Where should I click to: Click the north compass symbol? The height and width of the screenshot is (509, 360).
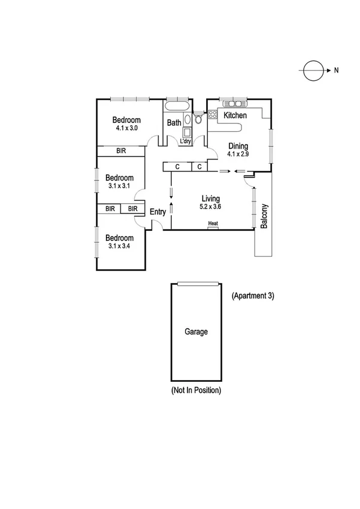coord(312,71)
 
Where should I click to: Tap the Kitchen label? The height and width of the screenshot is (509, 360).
coord(235,115)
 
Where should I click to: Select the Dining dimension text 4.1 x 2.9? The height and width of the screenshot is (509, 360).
coord(238,154)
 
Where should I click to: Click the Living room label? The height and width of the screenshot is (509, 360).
coord(210,198)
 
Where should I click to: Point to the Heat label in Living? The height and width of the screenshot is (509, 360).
coord(213,224)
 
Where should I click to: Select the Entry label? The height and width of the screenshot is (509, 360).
coord(158,212)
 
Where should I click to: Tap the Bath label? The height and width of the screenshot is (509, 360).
coord(174,123)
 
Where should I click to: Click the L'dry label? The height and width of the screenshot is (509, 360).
coord(186,141)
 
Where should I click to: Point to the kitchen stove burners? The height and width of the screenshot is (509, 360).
coord(212,115)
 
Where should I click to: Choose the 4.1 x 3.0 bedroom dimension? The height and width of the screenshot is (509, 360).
coord(127,128)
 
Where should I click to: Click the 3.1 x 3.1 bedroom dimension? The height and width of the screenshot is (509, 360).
coord(119,186)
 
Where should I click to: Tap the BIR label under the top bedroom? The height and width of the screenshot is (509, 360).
coord(122,151)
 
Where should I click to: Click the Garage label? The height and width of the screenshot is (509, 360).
coord(196,332)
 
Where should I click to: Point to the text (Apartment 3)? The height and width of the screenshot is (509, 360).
coord(252,296)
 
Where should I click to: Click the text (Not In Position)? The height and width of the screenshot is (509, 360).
coord(196,390)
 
